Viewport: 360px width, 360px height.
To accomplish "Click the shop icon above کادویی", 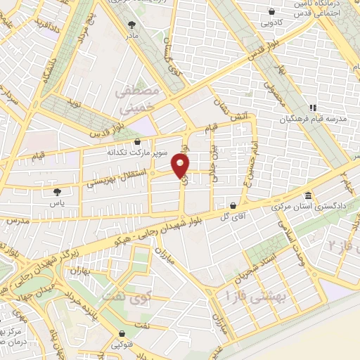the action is tap(272, 11).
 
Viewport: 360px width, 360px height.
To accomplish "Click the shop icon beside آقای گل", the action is tap(233, 206).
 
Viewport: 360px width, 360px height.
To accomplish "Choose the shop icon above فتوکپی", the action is tap(123, 333).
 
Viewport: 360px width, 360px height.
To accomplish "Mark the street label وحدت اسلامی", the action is tap(289, 237).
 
